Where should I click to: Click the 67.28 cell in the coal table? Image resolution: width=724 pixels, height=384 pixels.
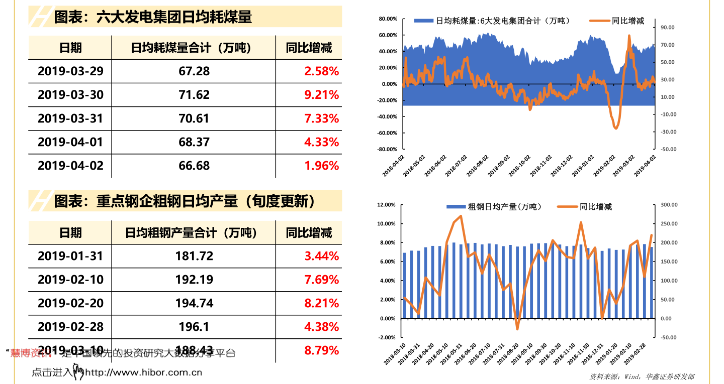tap(194, 71)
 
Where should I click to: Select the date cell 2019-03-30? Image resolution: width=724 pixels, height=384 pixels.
tap(70, 95)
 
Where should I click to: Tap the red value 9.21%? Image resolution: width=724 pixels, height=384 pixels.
tap(321, 95)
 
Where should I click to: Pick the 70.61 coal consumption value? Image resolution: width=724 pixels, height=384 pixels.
tap(194, 118)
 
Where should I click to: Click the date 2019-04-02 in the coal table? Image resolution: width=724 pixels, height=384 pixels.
tap(70, 166)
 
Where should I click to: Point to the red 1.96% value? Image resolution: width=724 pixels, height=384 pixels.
tap(321, 166)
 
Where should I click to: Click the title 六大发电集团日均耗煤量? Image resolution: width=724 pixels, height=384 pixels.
tap(153, 18)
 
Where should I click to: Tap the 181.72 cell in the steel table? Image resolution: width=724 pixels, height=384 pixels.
tap(194, 256)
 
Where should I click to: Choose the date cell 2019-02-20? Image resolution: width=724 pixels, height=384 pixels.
tap(70, 303)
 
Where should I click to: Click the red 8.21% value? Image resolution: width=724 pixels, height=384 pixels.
tap(321, 303)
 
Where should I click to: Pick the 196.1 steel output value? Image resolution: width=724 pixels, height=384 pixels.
tap(194, 327)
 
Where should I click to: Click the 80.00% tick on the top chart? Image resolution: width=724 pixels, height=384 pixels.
tap(388, 19)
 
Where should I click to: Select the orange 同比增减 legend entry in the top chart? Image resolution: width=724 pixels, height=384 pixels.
tap(618, 21)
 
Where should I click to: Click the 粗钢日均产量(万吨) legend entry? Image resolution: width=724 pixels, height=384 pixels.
tap(496, 207)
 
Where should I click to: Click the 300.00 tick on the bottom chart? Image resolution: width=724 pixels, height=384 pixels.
tap(668, 205)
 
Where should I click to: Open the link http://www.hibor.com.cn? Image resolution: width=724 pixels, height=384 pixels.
tap(143, 372)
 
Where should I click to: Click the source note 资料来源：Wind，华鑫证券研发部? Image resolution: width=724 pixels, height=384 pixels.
tap(642, 376)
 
